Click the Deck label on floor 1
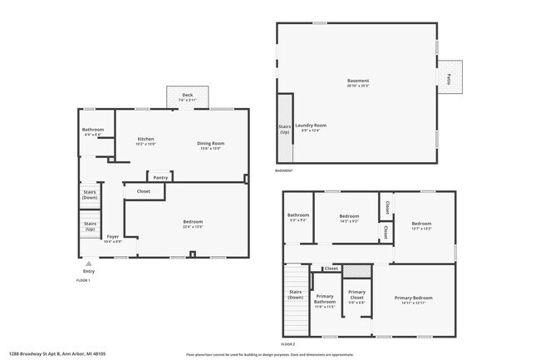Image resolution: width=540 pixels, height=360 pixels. (x=188, y=96)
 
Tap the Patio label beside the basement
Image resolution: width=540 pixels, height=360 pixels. (x=449, y=79)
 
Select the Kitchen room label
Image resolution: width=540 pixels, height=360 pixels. (x=145, y=139)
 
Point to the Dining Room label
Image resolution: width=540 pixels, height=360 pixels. (x=210, y=143)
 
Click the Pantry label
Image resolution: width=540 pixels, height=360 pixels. (x=160, y=177)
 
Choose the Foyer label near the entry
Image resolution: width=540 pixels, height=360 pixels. (x=112, y=237)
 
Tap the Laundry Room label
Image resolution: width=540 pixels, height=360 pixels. (x=310, y=125)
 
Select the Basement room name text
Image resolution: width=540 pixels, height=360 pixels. (x=357, y=81)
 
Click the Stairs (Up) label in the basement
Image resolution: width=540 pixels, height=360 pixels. (x=284, y=129)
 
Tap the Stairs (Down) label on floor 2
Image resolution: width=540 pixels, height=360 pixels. (x=295, y=293)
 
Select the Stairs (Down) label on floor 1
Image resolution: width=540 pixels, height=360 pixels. (x=90, y=195)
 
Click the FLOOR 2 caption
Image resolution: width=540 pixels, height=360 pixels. (x=287, y=343)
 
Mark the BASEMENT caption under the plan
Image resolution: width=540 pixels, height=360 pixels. (x=284, y=171)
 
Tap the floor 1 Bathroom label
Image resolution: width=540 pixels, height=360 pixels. (x=92, y=130)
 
